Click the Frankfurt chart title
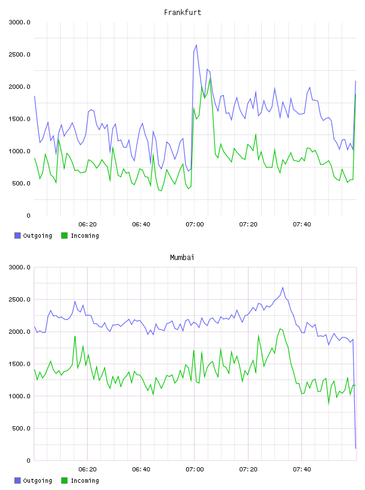pyautogui.click(x=182, y=13)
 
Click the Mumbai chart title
pyautogui.click(x=182, y=258)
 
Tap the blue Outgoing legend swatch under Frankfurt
pyautogui.click(x=17, y=235)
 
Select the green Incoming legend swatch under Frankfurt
pyautogui.click(x=64, y=235)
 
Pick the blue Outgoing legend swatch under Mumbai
pyautogui.click(x=17, y=480)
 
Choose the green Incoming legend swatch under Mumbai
pyautogui.click(x=64, y=480)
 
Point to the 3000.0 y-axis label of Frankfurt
pyautogui.click(x=19, y=22)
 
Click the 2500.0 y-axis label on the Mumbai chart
pyautogui.click(x=19, y=300)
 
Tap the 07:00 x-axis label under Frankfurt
pyautogui.click(x=195, y=225)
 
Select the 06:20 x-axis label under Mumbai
pyautogui.click(x=88, y=470)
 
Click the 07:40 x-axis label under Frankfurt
pyautogui.click(x=302, y=225)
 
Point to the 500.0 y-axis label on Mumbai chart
pyautogui.click(x=21, y=428)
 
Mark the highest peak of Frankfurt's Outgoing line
pyautogui.click(x=196, y=45)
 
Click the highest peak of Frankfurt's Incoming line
pyautogui.click(x=210, y=79)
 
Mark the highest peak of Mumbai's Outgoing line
pyautogui.click(x=283, y=288)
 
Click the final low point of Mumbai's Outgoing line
pyautogui.click(x=355, y=449)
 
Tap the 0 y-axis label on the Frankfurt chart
pyautogui.click(x=28, y=216)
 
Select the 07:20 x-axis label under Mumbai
pyautogui.click(x=249, y=470)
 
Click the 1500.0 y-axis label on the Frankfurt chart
pyautogui.click(x=19, y=119)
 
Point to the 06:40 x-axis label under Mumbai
pyautogui.click(x=141, y=470)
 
